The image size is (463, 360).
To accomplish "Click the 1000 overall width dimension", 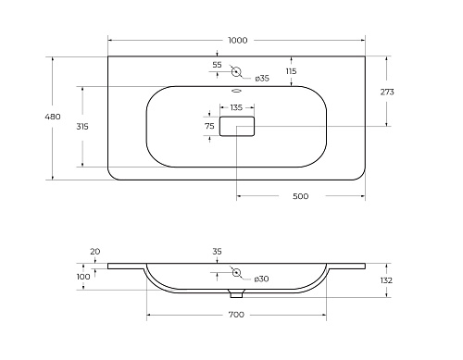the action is tap(238, 41).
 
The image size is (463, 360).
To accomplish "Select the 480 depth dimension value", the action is tap(53, 117).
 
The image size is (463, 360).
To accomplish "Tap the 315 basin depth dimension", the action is tap(82, 127).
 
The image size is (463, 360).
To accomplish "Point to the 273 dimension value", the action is tap(387, 92).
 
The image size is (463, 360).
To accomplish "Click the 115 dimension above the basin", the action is tap(291, 71).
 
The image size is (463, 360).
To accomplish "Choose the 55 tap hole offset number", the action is tap(217, 65).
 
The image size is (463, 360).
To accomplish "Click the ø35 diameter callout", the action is tap(262, 79).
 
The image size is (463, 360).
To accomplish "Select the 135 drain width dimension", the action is tap(236, 107).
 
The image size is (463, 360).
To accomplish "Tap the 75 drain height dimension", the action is tap(209, 126).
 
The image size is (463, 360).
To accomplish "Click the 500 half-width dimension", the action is tap(300, 196).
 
